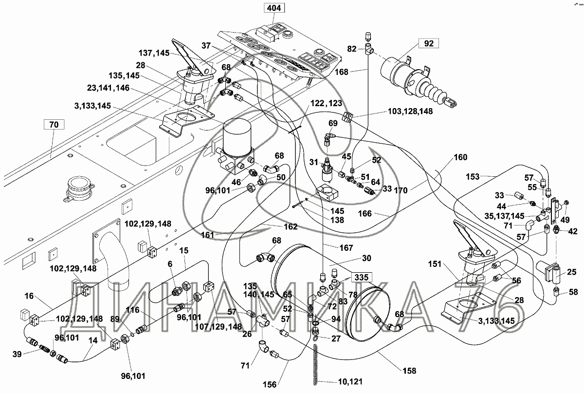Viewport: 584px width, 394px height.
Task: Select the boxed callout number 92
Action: click(429, 44)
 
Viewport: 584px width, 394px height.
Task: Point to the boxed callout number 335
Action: click(361, 278)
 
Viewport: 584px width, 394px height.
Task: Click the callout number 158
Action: click(409, 371)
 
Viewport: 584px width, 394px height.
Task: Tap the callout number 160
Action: click(460, 157)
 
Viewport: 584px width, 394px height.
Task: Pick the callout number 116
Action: click(132, 309)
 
